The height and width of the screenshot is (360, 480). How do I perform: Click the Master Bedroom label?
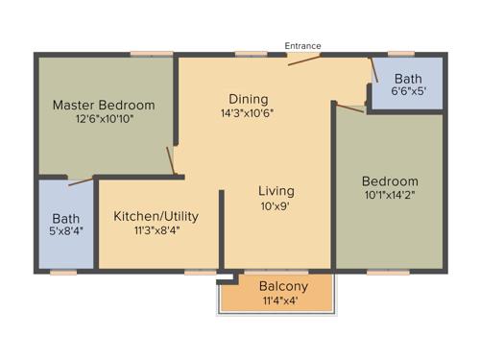[x=104, y=105]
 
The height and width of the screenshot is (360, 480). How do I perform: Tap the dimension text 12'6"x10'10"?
[x=104, y=121]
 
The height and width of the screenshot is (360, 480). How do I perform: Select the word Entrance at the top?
[x=303, y=46]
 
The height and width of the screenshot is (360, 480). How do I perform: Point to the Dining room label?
[x=248, y=99]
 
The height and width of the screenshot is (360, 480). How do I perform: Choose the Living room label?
[x=276, y=190]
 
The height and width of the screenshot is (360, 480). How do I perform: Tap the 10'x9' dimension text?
[x=276, y=206]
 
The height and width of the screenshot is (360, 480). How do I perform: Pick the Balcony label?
[x=283, y=286]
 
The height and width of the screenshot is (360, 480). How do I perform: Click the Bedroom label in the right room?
[x=390, y=181]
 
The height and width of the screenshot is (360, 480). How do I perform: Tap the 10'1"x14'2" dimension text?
[x=390, y=196]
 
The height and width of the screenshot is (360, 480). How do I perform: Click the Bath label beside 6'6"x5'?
[x=408, y=78]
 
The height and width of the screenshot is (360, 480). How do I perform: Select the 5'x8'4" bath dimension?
[x=66, y=233]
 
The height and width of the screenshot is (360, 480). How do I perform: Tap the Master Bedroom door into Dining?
[x=172, y=160]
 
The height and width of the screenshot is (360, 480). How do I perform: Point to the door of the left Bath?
[x=81, y=180]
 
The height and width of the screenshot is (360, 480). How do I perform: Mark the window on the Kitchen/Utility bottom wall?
[x=200, y=272]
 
